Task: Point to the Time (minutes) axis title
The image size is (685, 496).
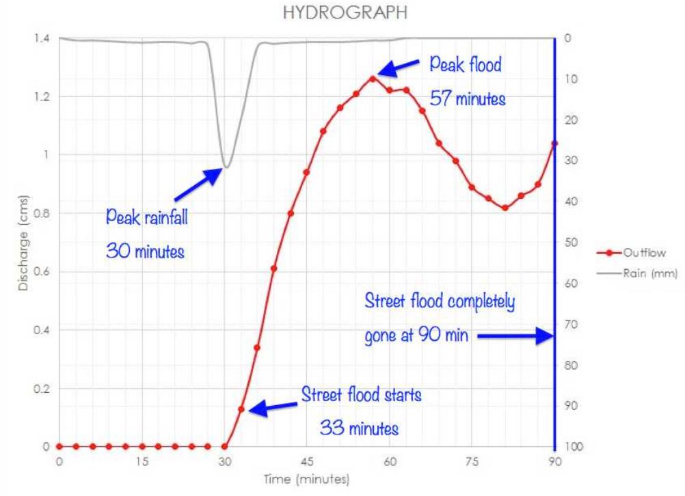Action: [307, 479]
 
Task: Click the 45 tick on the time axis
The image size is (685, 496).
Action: [307, 461]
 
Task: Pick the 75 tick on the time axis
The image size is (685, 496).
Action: [472, 461]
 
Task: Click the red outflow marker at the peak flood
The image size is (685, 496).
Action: [373, 79]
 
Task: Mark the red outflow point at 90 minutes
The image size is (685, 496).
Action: [554, 143]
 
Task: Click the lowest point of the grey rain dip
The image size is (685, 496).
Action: [226, 167]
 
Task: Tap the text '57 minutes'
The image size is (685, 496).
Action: [468, 100]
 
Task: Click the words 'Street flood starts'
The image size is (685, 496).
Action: [362, 396]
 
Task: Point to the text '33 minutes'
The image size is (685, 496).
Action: [359, 429]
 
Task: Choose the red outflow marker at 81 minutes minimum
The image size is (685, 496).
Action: [505, 208]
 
